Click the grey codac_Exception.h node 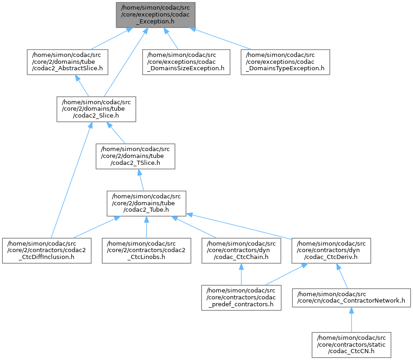point(156,15)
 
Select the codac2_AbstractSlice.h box point(67,62)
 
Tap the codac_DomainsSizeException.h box point(186,62)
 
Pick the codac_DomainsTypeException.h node point(285,62)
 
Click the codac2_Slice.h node point(96,109)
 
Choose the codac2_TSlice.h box point(135,156)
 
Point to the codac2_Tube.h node point(146,203)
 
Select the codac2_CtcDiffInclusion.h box point(47,251)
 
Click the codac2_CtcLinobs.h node point(146,251)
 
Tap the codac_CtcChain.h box point(241,251)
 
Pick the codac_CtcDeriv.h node point(331,251)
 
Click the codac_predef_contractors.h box point(241,298)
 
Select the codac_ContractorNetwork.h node point(352,298)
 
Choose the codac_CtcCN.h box point(352,345)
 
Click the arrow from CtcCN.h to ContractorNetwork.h point(352,320)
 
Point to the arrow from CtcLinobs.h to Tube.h point(146,227)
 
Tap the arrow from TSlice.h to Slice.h point(116,133)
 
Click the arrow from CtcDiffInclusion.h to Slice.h point(71,180)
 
